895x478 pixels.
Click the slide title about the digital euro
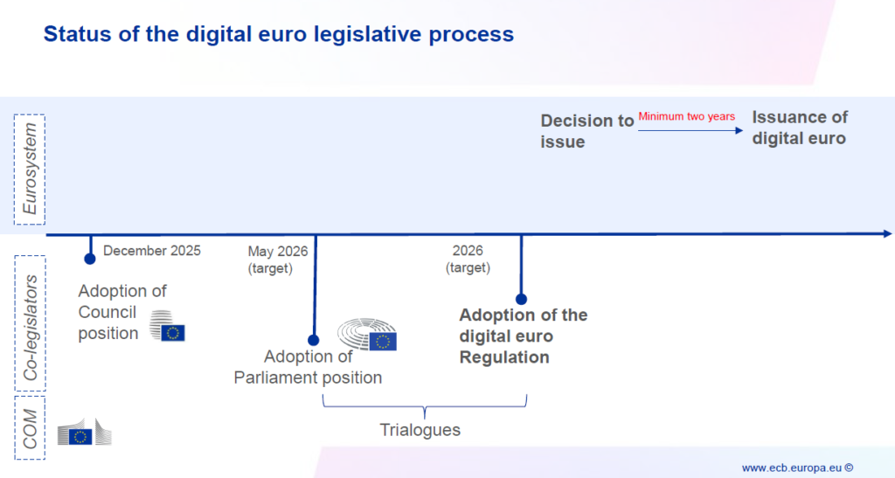point(278,35)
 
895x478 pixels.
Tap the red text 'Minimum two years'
point(686,116)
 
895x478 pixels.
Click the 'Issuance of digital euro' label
point(800,128)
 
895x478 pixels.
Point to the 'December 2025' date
point(152,251)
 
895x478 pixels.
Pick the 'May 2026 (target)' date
point(277,260)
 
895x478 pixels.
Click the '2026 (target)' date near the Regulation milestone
point(468,260)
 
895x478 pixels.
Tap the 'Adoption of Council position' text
point(121,312)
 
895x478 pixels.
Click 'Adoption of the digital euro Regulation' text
point(523,336)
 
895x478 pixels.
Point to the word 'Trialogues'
point(420,430)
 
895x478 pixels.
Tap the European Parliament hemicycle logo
point(368,335)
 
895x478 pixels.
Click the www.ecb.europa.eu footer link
point(797,468)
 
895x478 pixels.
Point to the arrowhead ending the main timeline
point(887,233)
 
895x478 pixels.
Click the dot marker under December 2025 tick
point(89,259)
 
